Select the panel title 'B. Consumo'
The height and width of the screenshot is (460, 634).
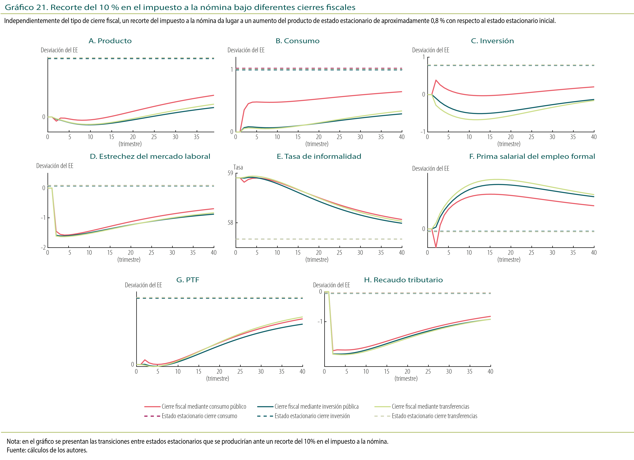tap(297, 41)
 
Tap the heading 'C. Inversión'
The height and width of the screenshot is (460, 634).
tap(492, 41)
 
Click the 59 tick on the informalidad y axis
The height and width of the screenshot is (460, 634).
tap(230, 173)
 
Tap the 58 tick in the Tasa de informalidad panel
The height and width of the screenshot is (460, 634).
tap(230, 223)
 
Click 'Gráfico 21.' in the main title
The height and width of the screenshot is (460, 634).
tap(27, 7)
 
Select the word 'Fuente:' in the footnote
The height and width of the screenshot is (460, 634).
tap(16, 450)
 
